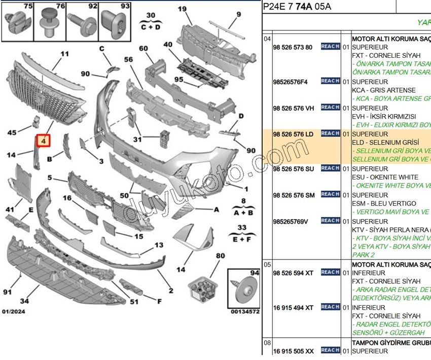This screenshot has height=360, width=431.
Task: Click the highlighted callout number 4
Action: pos(44,141)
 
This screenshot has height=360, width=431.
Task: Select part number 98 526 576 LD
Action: pos(293,134)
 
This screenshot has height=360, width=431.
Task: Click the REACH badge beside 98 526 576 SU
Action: pos(330,168)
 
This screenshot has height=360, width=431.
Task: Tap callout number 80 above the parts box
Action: pos(220,256)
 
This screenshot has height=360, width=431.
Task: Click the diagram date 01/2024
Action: pos(14,311)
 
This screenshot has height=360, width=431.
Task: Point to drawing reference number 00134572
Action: pos(245,311)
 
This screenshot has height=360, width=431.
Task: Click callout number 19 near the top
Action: pos(182,9)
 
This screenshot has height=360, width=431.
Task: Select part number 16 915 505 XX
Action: pos(293,350)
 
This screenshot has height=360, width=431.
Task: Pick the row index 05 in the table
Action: pos(267,264)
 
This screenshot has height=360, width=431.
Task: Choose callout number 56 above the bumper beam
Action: pos(128,59)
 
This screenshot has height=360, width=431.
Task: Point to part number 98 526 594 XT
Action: pos(293,273)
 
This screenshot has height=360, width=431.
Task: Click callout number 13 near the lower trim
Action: pos(159,245)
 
